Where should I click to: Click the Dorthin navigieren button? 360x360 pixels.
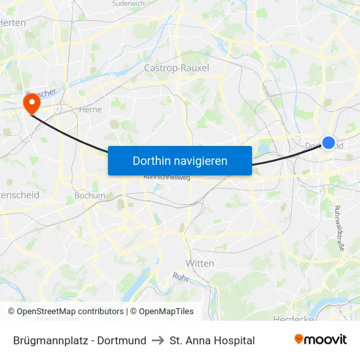tap(179, 160)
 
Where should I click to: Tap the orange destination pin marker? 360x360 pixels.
tap(31, 103)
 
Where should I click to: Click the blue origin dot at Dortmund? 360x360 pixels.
tap(329, 143)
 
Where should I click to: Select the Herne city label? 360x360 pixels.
tap(90, 110)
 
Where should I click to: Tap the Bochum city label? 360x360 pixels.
tap(90, 195)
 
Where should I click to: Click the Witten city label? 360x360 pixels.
tap(200, 262)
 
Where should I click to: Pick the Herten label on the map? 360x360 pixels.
tap(13, 22)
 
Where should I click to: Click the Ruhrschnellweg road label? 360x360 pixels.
tap(163, 176)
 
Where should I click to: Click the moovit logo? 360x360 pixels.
tap(320, 340)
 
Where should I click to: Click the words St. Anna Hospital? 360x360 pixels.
tap(212, 340)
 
